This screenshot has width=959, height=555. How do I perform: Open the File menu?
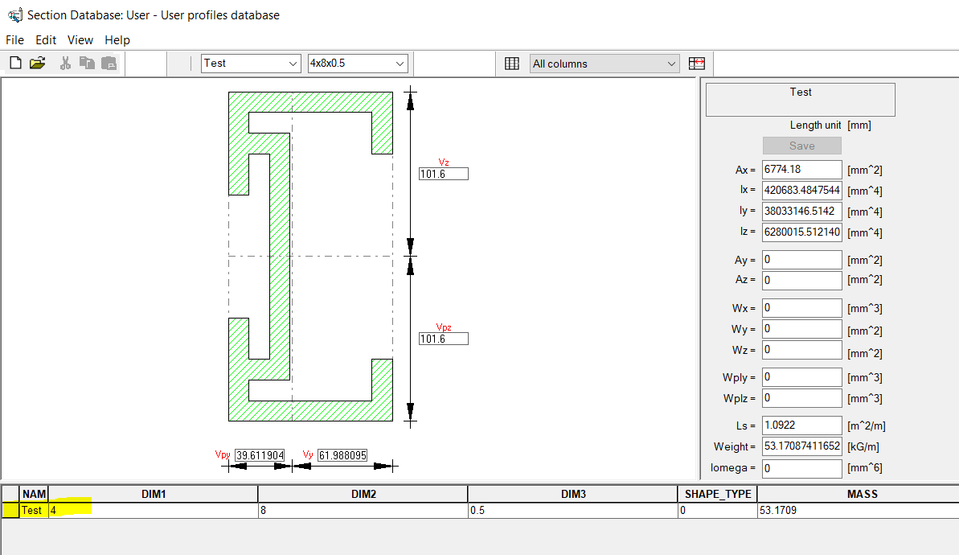click(14, 40)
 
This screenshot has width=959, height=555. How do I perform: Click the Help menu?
click(117, 40)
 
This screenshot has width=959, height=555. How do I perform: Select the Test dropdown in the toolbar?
click(250, 64)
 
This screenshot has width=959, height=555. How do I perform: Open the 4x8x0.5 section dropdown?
click(358, 64)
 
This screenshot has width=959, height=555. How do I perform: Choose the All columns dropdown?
click(604, 64)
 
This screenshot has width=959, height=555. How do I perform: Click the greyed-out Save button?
click(801, 146)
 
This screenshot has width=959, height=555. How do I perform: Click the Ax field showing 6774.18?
click(801, 170)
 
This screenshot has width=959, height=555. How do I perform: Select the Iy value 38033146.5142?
click(801, 212)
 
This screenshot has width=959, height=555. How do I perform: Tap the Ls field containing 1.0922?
click(801, 425)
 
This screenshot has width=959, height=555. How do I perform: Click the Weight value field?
click(801, 446)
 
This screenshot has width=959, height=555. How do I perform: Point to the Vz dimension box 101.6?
click(443, 174)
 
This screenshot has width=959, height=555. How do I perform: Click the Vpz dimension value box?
click(443, 339)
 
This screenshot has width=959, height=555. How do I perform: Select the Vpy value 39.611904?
click(260, 455)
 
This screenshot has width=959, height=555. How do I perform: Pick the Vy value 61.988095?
click(342, 455)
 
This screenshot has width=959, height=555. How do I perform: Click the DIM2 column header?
click(363, 494)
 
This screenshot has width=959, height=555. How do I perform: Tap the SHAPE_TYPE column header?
click(717, 494)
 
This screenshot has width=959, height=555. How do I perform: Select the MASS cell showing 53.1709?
click(857, 511)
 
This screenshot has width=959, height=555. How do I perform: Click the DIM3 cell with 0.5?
click(572, 511)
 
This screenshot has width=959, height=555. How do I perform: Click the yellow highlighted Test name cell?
click(32, 511)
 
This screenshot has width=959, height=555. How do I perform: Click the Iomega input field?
click(801, 468)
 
